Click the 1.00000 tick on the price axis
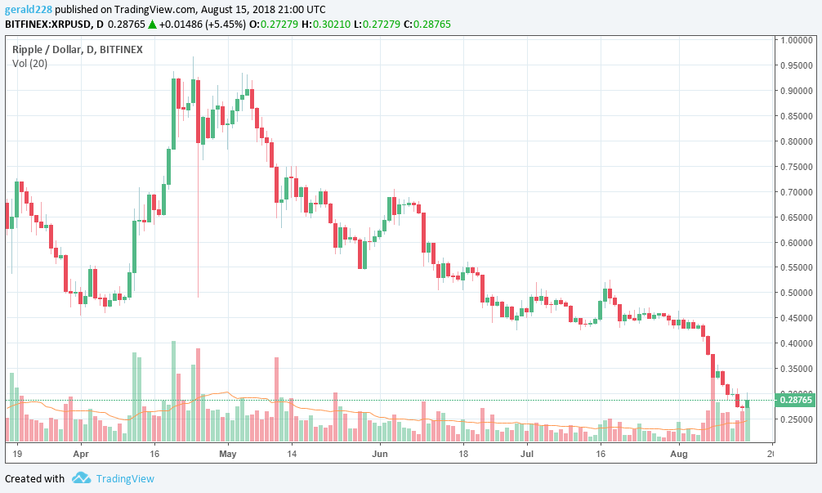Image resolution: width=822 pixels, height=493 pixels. point(797,39)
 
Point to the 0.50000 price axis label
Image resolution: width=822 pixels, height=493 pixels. point(797,293)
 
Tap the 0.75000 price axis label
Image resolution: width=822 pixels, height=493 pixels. point(797,167)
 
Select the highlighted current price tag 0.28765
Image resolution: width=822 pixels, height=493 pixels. point(797,400)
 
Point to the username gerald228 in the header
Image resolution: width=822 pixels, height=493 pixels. point(29,9)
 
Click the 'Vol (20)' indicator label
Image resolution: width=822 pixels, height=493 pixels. point(29,63)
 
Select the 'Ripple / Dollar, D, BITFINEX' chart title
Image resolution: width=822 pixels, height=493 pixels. point(78,49)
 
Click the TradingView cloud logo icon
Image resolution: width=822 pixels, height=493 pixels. point(80,478)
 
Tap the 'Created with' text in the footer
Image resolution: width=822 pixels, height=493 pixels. point(34,478)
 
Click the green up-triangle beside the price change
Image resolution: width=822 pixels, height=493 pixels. point(151,25)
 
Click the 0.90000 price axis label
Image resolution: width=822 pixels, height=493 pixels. point(797,91)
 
